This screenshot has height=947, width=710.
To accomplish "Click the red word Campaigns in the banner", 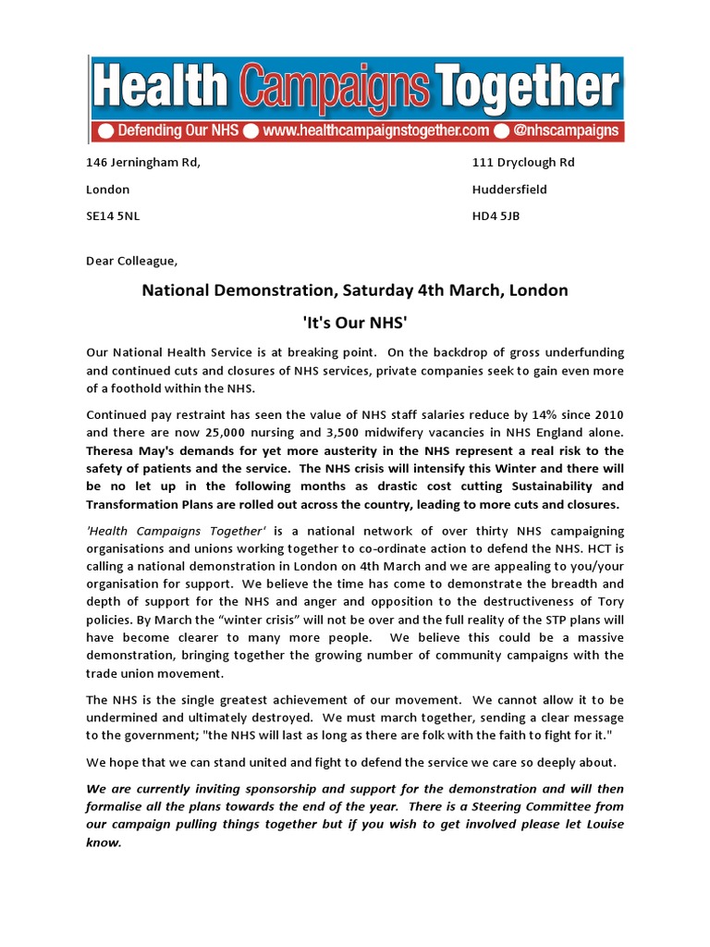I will click(x=337, y=90).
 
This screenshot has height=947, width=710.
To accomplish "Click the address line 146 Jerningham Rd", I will click(x=142, y=163).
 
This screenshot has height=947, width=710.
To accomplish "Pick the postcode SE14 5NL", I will click(x=113, y=216).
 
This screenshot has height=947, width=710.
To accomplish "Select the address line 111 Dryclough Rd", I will click(x=522, y=163).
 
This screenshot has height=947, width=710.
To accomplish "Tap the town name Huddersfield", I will click(x=509, y=190).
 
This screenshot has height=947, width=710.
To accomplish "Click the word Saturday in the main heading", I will click(x=378, y=290).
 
